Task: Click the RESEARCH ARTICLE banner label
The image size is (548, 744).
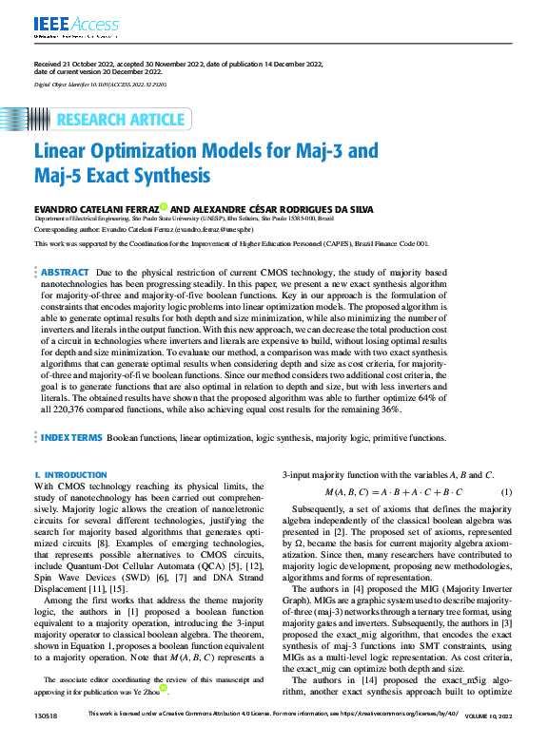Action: [120, 120]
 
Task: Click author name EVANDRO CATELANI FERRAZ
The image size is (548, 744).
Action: [95, 207]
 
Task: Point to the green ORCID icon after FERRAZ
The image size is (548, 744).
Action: [163, 206]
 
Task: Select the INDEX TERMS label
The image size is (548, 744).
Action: [71, 438]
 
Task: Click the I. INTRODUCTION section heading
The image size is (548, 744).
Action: [65, 472]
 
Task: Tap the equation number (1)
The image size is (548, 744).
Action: [506, 491]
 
